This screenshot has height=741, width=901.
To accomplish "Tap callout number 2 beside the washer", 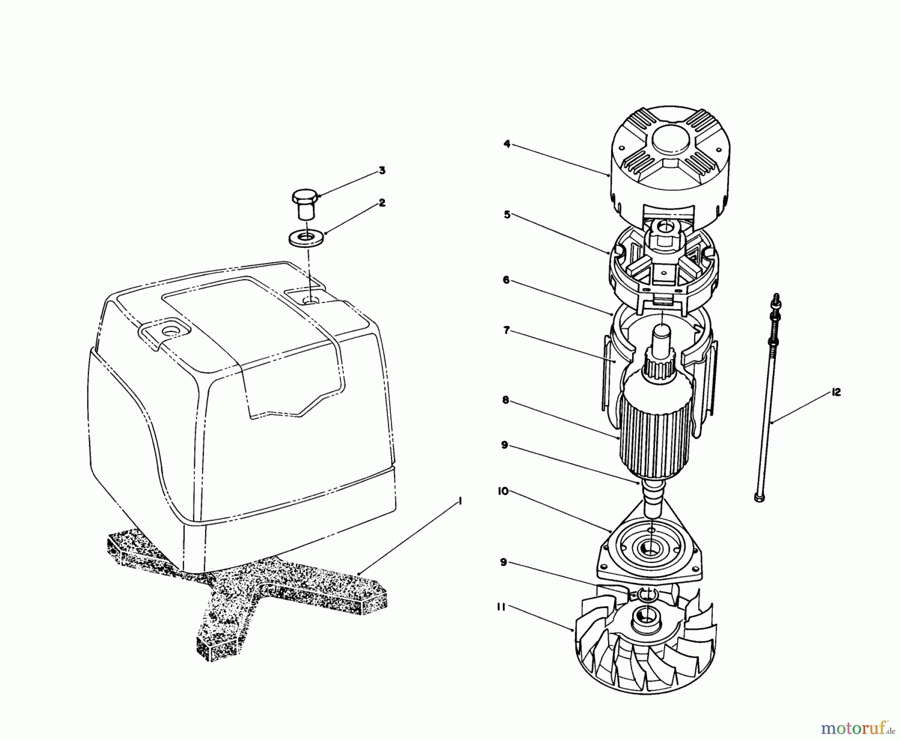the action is tap(382, 203).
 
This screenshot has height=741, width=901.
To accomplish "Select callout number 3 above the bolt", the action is tap(382, 171).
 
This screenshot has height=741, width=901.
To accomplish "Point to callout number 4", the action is tap(507, 144).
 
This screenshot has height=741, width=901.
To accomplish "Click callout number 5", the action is tap(507, 215).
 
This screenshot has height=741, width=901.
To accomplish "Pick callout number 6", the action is tap(507, 280).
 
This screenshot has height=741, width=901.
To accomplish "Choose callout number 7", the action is tap(507, 331).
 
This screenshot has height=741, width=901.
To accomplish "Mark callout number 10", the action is tap(503, 492).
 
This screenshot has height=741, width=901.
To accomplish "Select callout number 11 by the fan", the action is tap(503, 607).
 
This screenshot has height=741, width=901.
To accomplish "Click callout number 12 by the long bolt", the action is tap(835, 393).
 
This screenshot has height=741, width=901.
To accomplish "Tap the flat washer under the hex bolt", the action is tap(305, 237).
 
